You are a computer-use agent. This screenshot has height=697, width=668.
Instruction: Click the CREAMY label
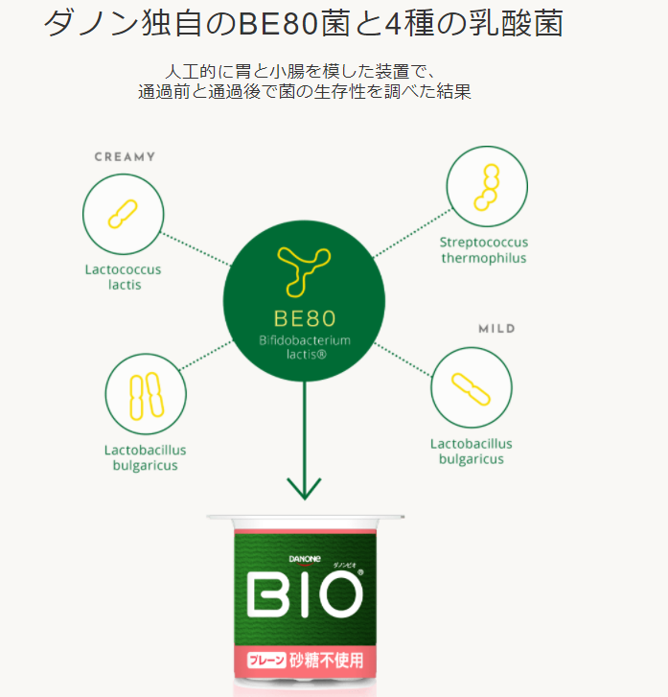[x=125, y=157]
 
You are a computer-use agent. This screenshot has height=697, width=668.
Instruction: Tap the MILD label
[x=496, y=329]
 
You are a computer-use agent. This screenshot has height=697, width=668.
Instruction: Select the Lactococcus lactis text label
[x=123, y=277]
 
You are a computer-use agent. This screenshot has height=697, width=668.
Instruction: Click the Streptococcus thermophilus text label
[x=484, y=250]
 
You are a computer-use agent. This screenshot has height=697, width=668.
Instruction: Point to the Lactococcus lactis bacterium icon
[x=123, y=214]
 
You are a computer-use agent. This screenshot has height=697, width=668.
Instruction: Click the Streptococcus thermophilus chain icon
[x=487, y=187]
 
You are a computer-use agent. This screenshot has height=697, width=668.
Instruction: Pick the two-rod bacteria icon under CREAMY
[x=147, y=396]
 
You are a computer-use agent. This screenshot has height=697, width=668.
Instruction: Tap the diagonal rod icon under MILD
[x=471, y=389]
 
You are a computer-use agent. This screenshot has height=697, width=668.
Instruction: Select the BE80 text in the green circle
[x=305, y=318]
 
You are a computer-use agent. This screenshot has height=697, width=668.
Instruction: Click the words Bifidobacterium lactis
[x=305, y=347]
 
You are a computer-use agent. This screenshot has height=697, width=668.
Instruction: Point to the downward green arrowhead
[x=304, y=488]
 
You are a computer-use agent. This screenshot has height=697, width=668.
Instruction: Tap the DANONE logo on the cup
[x=305, y=559]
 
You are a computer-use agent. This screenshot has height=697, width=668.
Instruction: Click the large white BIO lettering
[x=304, y=594]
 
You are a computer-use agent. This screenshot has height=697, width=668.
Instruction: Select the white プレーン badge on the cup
[x=266, y=661]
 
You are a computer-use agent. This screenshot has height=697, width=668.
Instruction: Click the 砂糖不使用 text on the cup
[x=327, y=661]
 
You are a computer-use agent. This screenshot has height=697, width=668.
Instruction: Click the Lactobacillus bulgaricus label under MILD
[x=472, y=452]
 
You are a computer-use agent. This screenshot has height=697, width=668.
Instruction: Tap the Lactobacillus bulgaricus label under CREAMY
[x=146, y=457]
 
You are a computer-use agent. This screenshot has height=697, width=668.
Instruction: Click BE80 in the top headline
[x=278, y=23]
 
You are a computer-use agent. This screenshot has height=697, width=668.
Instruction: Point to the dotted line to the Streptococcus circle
[x=412, y=232]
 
